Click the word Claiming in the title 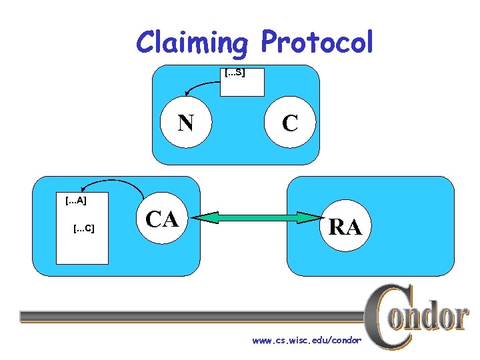point(191,43)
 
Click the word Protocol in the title point(317,43)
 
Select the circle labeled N point(186,123)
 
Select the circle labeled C point(289,123)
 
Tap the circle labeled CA point(163,218)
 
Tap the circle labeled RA point(345,227)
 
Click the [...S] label point(234,72)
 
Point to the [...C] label point(83,229)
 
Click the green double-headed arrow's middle point(261,218)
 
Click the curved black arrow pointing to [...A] point(107,182)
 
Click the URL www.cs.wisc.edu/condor point(306,340)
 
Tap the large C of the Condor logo point(386,317)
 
